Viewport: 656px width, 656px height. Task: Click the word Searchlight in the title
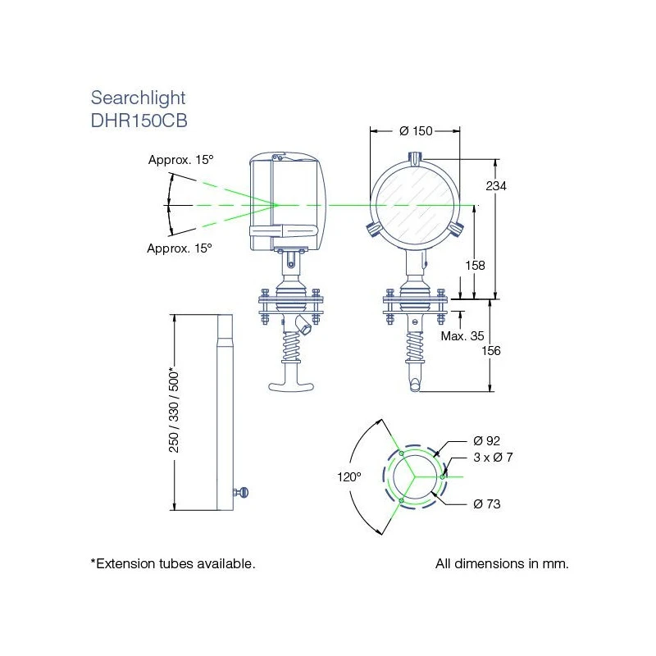click(138, 98)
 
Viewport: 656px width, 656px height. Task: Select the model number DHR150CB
click(139, 119)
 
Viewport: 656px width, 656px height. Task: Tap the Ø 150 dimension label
click(416, 131)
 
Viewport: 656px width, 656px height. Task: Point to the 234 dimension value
click(496, 186)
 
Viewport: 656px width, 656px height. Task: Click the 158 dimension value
click(475, 266)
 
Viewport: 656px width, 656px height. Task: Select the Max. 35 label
click(462, 336)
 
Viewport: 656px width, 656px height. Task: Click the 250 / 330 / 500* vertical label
click(173, 410)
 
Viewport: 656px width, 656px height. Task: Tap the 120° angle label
click(348, 476)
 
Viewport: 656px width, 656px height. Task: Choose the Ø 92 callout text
click(487, 440)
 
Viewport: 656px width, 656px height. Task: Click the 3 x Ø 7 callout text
click(493, 457)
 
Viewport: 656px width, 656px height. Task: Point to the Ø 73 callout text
click(486, 503)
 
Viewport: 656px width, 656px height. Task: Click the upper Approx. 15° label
click(180, 160)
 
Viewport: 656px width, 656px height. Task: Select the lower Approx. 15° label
click(180, 248)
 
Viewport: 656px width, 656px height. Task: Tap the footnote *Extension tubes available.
click(173, 564)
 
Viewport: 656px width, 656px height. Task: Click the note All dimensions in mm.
click(502, 564)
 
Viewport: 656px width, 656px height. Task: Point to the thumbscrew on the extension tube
click(243, 492)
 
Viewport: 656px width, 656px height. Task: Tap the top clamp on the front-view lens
click(416, 157)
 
